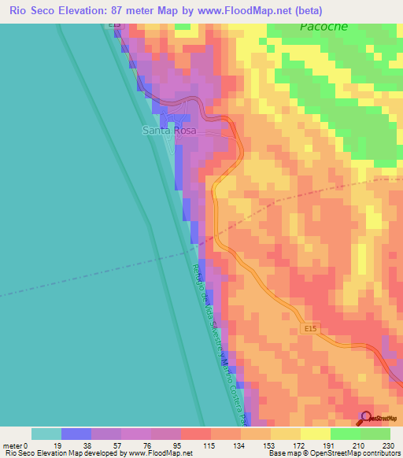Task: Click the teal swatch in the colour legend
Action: (46, 434)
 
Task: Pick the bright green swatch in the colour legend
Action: (375, 434)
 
